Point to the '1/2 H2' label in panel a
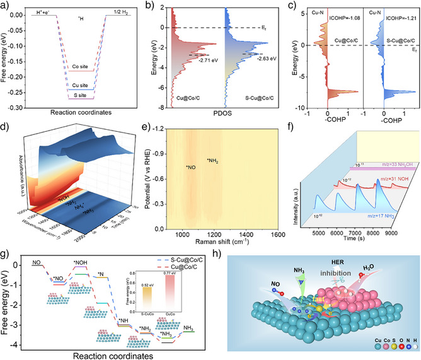[x=125, y=8]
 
